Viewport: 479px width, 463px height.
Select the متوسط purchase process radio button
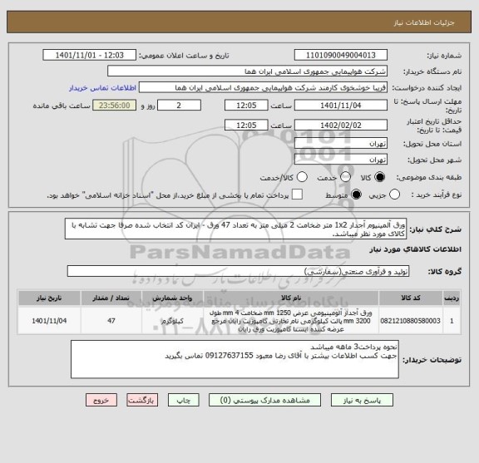coord(358,194)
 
